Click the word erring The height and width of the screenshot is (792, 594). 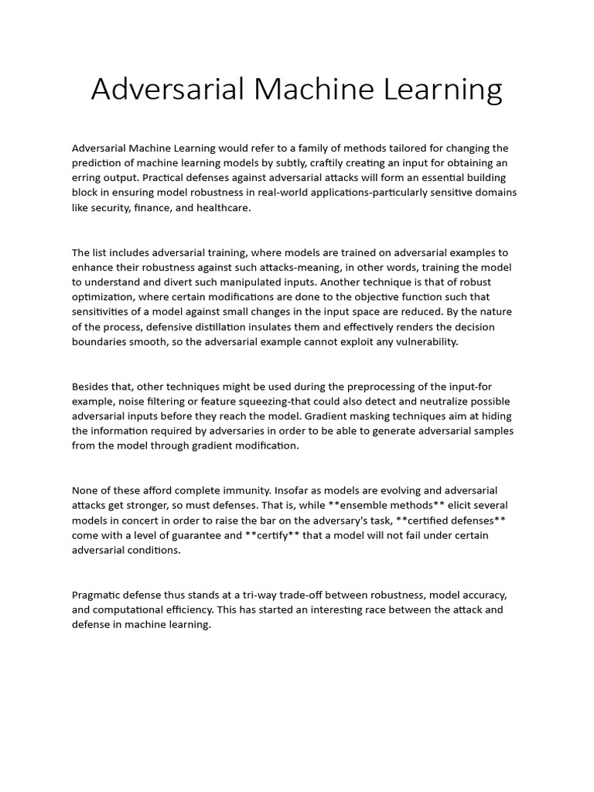[88, 177]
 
